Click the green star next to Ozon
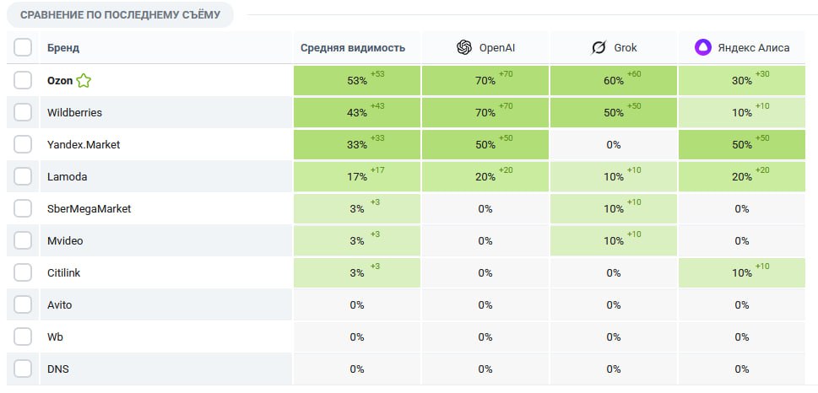coord(84,81)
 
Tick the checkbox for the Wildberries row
coord(23,112)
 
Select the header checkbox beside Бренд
coord(23,47)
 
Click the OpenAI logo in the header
coord(463,48)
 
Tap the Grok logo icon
coord(599,48)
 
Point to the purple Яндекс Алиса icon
coord(702,48)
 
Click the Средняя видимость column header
coord(352,48)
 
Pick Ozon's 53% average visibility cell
coord(357,81)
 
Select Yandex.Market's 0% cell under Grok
coord(613,145)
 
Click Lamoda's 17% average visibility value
coord(357,177)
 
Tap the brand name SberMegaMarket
coord(89,208)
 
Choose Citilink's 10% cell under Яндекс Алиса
coord(741,272)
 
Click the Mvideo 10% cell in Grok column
coord(613,241)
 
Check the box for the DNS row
coord(23,369)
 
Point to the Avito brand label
coord(61,304)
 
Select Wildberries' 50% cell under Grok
coord(613,113)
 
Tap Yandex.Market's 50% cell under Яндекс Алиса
coord(741,145)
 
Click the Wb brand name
coord(55,336)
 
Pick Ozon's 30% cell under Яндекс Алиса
coord(741,81)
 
